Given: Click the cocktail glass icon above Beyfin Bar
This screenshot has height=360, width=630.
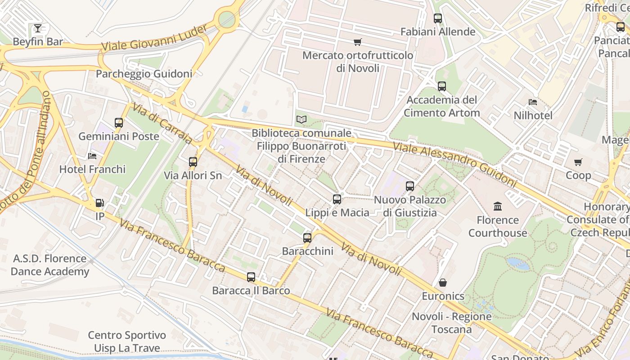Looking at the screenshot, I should [x=38, y=28].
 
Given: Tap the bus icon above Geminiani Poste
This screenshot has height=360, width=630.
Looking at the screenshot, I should [x=119, y=123].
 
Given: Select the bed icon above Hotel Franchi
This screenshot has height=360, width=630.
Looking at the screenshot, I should [x=92, y=156].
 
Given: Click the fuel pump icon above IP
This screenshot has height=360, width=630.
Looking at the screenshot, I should [x=100, y=203].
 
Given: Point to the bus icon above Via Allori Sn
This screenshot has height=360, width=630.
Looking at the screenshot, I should [x=193, y=162].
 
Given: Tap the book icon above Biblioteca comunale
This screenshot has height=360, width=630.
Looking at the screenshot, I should [x=301, y=120].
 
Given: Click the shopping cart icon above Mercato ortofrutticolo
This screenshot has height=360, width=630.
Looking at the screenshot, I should [x=358, y=42].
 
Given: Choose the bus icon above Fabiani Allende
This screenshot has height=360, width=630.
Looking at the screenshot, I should [x=438, y=18].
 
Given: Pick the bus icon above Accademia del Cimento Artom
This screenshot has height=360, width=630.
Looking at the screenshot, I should [x=442, y=86].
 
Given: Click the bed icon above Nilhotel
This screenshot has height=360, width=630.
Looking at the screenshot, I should [x=533, y=102].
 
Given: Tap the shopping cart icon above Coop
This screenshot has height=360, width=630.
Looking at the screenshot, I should [x=578, y=162].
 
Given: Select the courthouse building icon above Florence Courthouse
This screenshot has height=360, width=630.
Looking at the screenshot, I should [x=498, y=207].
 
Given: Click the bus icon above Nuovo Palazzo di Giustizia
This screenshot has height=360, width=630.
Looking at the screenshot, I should [x=410, y=186].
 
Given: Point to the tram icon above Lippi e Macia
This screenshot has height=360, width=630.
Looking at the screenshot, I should [x=337, y=199].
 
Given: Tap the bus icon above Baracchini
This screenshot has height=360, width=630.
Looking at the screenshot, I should [x=307, y=238].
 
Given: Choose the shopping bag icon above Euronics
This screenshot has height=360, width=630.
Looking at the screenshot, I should [x=443, y=283].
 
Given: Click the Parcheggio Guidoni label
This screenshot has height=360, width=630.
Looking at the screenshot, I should [x=144, y=74].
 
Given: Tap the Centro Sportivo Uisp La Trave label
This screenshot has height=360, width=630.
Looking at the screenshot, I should [x=127, y=342].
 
